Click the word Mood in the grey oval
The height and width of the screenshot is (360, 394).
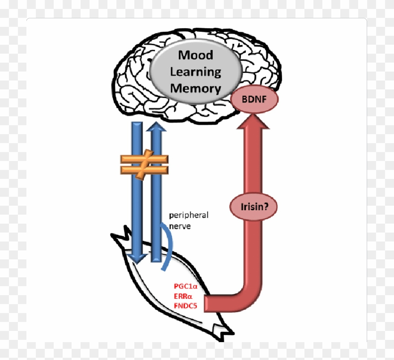coord(196,55)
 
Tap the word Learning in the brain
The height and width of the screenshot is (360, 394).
coord(196,72)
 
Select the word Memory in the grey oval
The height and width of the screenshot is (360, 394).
coord(196,88)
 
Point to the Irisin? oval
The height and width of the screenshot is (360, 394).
coord(253,207)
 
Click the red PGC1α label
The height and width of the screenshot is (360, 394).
coord(185,286)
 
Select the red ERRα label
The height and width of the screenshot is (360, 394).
coord(184,296)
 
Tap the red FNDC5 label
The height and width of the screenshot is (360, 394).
coord(185,306)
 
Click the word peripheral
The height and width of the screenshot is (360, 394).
coord(188,215)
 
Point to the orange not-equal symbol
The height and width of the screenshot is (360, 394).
coord(144,164)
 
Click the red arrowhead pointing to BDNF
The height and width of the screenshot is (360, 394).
coord(253,121)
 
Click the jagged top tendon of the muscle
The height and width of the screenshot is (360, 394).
coord(121,237)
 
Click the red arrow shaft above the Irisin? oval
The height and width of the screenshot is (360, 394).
coord(253,161)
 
